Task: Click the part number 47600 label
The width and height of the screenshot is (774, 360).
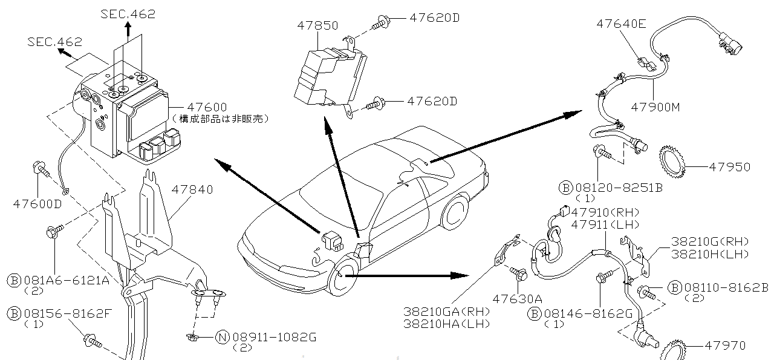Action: coord(208,106)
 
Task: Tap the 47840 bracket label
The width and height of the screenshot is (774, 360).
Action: coord(192,189)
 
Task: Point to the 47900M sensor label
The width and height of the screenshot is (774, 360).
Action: coord(655,107)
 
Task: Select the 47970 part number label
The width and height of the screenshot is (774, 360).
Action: coord(725,345)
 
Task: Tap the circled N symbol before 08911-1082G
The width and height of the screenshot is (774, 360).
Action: coord(223,337)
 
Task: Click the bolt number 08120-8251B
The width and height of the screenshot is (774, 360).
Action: coord(618,188)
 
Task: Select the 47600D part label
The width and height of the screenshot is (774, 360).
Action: coord(37,203)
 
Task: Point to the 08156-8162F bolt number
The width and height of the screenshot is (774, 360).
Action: coord(68,313)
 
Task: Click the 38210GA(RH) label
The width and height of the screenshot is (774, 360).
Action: coord(447,312)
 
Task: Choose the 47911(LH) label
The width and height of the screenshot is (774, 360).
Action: coord(605,224)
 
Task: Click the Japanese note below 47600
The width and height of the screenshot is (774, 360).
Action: coord(220,119)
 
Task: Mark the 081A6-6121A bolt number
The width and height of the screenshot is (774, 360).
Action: coord(67,280)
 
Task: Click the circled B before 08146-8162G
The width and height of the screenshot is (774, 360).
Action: coord(534,313)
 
